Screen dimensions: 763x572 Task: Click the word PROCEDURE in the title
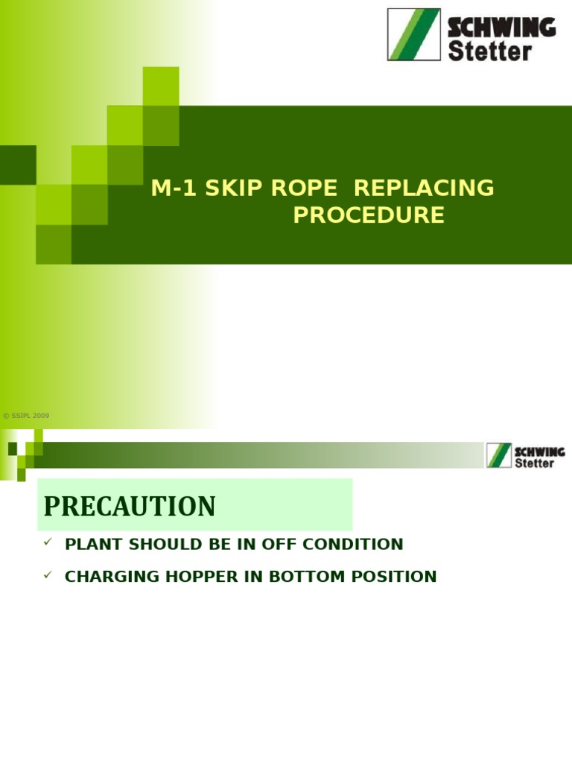[369, 215]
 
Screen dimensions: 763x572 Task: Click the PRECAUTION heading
[130, 507]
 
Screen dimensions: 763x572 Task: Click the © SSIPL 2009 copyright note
[26, 416]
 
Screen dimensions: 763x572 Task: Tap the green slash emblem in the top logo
[413, 35]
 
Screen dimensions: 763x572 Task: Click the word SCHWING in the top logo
[501, 28]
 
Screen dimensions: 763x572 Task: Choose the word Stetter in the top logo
[489, 51]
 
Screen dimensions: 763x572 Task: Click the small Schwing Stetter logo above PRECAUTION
[526, 456]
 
